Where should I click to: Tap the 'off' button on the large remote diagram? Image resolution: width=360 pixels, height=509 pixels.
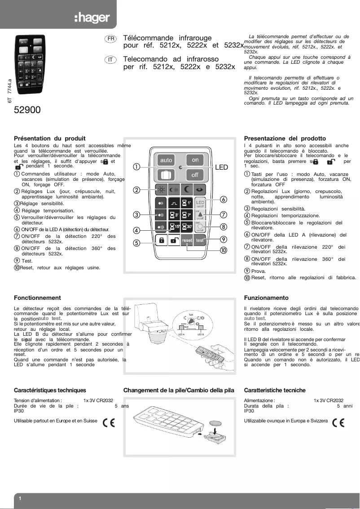[x=195, y=174]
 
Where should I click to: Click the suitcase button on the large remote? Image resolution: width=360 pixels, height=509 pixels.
[x=166, y=174]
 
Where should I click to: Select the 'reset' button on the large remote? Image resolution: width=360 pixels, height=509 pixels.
[x=187, y=240]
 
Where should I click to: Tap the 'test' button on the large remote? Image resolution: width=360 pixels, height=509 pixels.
[x=200, y=240]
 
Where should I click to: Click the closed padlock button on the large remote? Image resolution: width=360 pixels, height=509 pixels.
[x=161, y=240]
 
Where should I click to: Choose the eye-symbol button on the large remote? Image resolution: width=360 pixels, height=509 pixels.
[x=200, y=189]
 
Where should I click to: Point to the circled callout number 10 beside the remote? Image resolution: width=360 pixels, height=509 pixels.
[x=223, y=250]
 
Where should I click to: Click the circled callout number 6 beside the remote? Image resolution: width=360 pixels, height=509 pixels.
[x=223, y=199]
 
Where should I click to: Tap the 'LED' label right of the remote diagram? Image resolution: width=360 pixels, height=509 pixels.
[x=221, y=167]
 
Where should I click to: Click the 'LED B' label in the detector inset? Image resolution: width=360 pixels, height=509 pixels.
[x=201, y=334]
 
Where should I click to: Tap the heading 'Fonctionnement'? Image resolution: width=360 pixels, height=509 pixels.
[x=37, y=298]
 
